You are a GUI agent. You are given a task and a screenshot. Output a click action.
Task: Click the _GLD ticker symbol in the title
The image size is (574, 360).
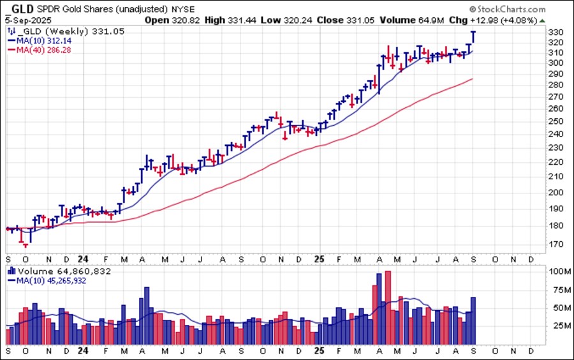click(x=19, y=10)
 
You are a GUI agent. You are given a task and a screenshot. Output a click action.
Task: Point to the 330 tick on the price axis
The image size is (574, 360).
click(x=556, y=32)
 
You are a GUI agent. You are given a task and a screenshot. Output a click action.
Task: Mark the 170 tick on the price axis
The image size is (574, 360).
click(x=556, y=244)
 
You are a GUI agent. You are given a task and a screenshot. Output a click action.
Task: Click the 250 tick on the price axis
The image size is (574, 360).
click(x=556, y=121)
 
